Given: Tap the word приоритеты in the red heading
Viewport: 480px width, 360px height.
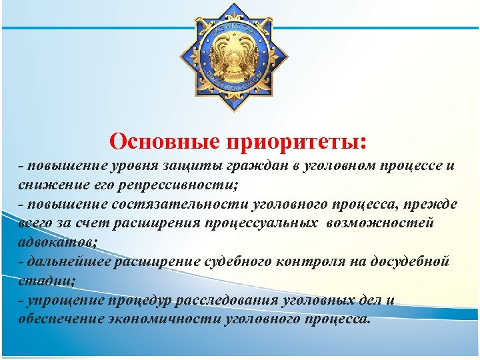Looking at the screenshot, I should [297, 142].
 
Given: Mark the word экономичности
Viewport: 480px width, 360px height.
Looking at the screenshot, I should [160, 317].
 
